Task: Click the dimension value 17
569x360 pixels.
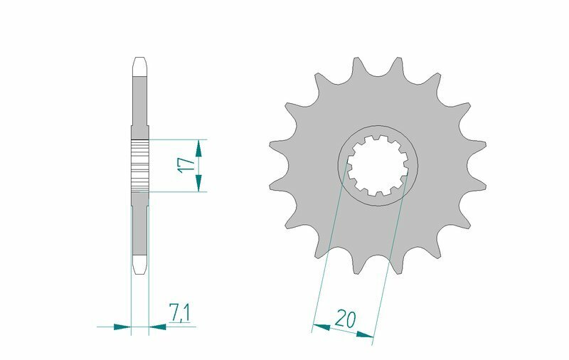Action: click(x=186, y=165)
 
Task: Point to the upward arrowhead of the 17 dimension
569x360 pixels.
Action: click(x=199, y=147)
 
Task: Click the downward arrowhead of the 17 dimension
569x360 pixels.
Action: click(x=199, y=184)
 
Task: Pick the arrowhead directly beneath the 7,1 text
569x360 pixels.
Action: click(x=157, y=327)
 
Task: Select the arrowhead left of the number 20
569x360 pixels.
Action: click(x=321, y=327)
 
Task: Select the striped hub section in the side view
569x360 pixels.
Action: click(x=140, y=164)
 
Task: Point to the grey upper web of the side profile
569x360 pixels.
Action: click(x=140, y=103)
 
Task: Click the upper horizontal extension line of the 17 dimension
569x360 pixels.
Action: click(x=178, y=139)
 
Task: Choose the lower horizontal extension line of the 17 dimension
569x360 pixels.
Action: click(x=178, y=191)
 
